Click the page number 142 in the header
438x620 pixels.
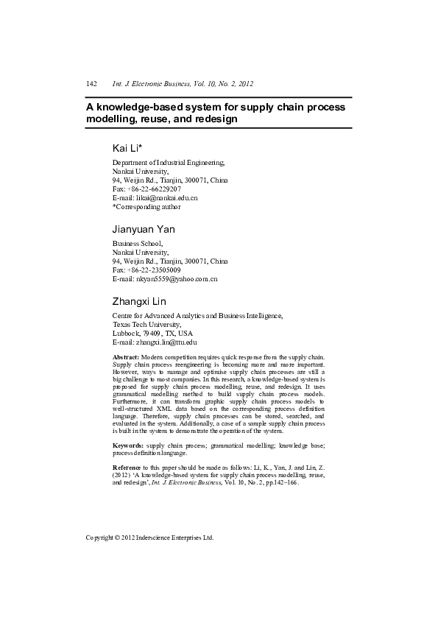click(92, 85)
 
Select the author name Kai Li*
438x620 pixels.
click(127, 148)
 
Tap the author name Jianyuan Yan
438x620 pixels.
click(143, 229)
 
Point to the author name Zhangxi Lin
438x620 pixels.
click(139, 301)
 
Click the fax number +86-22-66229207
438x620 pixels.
click(155, 189)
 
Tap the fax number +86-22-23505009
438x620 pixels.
click(155, 270)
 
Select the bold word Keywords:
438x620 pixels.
click(128, 446)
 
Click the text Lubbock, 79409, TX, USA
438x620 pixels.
click(152, 334)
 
